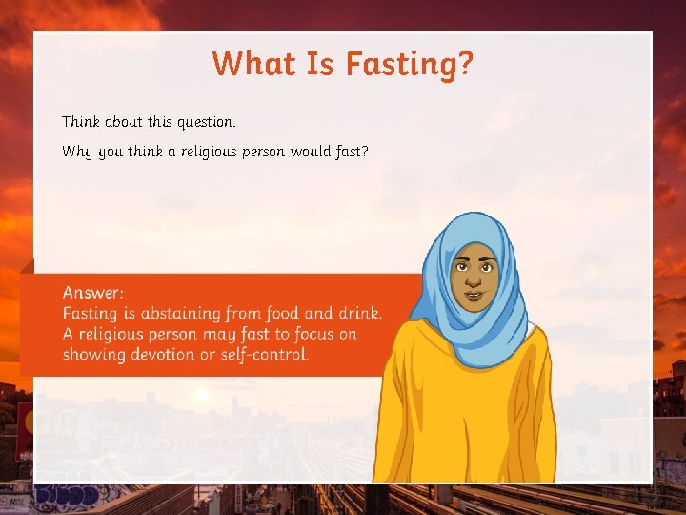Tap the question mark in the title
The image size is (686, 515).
(x=465, y=65)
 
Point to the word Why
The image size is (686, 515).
(x=77, y=151)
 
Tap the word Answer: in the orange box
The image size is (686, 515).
(x=92, y=293)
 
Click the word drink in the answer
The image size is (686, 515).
(x=358, y=313)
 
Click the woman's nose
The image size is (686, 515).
(x=473, y=279)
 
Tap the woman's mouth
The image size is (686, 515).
(x=473, y=294)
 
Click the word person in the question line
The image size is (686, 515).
(x=275, y=151)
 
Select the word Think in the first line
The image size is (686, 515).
(x=81, y=122)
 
